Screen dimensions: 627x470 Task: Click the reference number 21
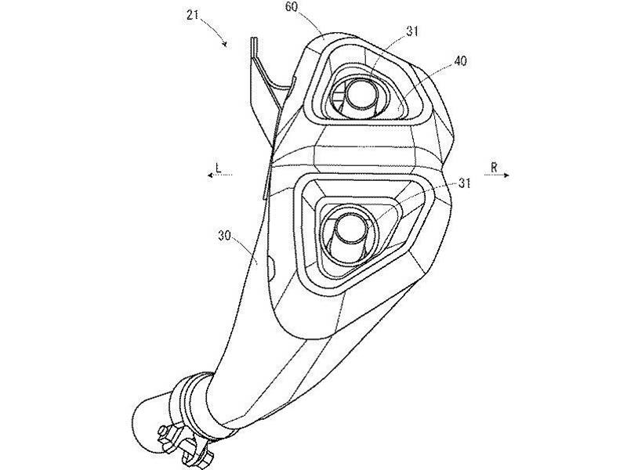click(194, 15)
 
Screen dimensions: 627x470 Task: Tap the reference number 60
click(292, 8)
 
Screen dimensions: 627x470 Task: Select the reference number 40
click(459, 62)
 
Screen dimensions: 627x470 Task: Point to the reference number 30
click(225, 236)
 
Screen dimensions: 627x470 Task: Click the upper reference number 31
click(412, 31)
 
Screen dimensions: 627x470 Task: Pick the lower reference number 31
click(464, 183)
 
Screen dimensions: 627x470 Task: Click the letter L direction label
click(218, 168)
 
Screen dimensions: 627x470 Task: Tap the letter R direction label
click(494, 168)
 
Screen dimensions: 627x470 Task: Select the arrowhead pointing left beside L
click(210, 175)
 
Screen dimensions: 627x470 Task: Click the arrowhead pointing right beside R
click(506, 175)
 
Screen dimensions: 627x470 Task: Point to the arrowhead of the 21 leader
click(226, 44)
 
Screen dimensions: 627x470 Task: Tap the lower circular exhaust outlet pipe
click(350, 229)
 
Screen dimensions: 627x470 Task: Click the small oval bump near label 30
click(270, 269)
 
